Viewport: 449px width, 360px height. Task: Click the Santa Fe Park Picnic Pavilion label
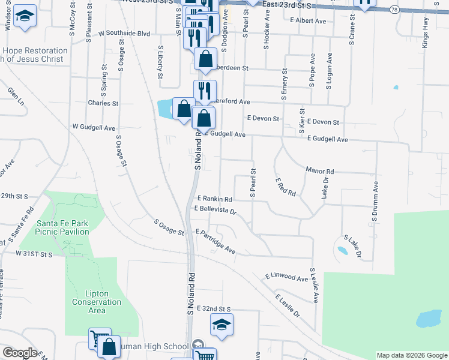coord(61,227)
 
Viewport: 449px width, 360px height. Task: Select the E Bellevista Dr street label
coord(215,210)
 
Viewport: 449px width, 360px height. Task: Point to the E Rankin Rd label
coord(214,199)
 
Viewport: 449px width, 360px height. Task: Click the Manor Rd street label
coord(319,171)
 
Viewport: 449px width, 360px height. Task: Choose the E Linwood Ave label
coord(286,278)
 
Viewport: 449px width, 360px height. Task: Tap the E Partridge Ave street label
coord(215,240)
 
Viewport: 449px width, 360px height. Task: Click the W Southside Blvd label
coord(124,34)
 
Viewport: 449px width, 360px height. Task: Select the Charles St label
coord(103,103)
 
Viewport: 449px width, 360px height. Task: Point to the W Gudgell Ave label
coord(93,127)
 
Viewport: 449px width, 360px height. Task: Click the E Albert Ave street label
coord(307,21)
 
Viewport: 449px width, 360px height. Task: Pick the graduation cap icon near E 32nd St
coord(222,325)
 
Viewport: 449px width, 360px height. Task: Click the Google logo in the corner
coord(19,353)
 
